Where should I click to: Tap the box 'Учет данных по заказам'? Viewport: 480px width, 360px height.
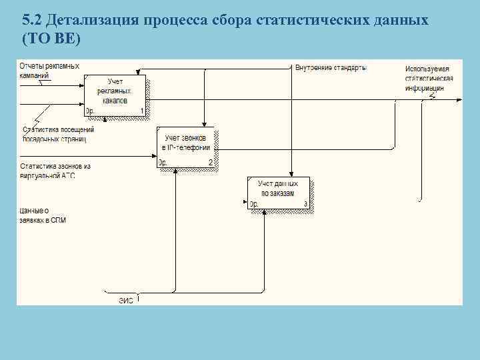[279, 193]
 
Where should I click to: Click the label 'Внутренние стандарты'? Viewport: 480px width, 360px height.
[331, 67]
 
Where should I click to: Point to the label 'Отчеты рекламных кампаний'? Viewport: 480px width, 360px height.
[49, 70]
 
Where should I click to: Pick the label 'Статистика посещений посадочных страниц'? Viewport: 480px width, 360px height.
[59, 134]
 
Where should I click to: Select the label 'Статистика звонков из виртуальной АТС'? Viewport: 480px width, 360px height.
[55, 170]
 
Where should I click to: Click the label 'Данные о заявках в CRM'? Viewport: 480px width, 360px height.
[43, 215]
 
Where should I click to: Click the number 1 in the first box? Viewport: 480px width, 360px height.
[142, 111]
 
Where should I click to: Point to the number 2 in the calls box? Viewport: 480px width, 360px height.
[210, 163]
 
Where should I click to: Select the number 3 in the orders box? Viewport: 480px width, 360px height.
[305, 204]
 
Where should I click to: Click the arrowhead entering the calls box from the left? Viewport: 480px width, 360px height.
[154, 157]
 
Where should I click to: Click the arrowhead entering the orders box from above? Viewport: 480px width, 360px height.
[291, 174]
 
